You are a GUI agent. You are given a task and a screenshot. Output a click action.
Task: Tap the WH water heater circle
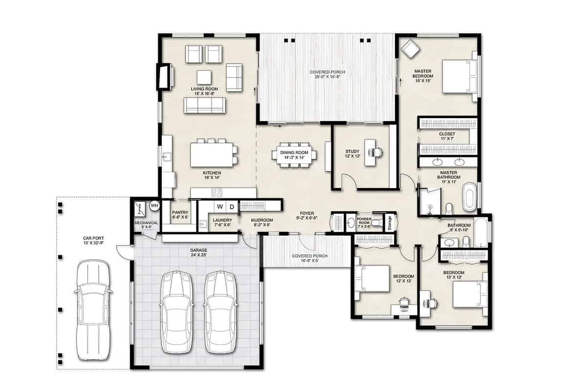pos(154,205)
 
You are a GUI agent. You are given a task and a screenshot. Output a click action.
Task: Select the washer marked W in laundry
pos(220,206)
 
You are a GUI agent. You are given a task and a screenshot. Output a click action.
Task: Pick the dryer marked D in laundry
pos(232,206)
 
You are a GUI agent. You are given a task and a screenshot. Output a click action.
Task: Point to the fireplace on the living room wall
pos(164,76)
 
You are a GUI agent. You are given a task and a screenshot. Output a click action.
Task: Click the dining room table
pos(294,155)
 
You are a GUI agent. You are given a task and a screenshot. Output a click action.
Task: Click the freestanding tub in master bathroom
pos(469,197)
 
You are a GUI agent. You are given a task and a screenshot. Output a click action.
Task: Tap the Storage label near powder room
pos(390,221)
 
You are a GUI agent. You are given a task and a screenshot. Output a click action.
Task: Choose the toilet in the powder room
pos(376,223)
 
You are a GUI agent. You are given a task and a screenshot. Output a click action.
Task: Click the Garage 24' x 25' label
pos(199,252)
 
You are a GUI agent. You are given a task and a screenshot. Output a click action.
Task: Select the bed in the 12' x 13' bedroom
pos(372,278)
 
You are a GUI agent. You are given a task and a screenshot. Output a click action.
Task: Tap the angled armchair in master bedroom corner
pos(409,49)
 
